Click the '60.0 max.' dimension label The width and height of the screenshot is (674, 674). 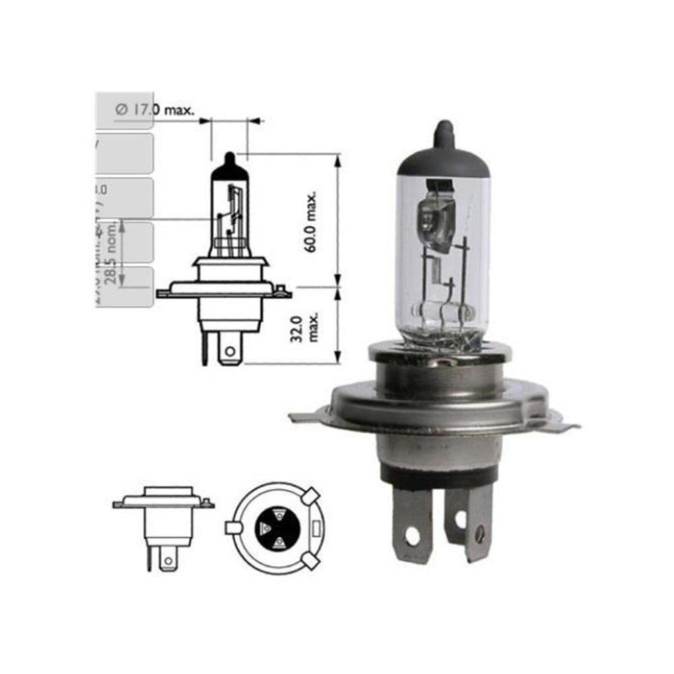click(x=311, y=222)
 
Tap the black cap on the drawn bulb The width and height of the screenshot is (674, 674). click(x=229, y=166)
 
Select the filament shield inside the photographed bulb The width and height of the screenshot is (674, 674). click(x=435, y=216)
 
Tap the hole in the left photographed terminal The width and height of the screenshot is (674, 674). click(x=412, y=537)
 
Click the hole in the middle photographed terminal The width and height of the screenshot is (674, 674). click(x=461, y=520)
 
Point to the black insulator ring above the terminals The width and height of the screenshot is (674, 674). click(x=438, y=476)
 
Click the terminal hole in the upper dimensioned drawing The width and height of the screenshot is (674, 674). click(x=231, y=351)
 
